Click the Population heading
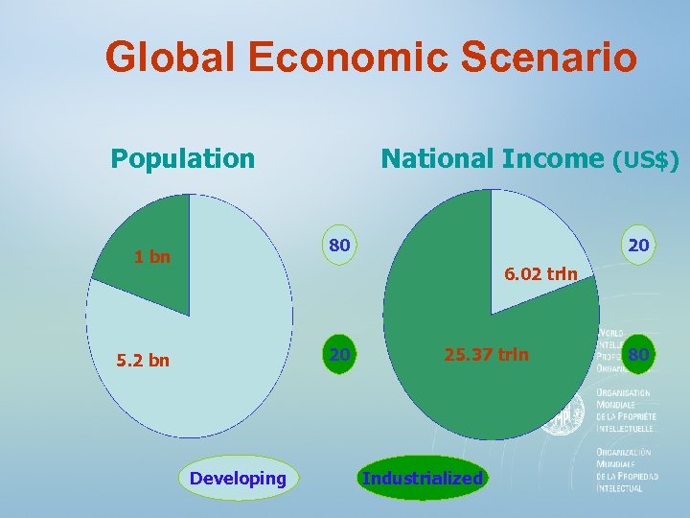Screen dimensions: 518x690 point(183,158)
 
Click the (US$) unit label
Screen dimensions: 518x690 point(646,160)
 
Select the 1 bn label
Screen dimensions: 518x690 point(152,257)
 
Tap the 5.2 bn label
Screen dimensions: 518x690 point(143,362)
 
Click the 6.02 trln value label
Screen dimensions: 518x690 point(540,274)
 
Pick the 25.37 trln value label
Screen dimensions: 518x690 point(486,355)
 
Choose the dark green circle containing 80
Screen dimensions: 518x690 point(638,355)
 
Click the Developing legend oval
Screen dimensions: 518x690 point(239,478)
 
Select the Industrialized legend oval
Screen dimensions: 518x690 point(422,478)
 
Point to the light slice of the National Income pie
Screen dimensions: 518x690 point(537,245)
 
